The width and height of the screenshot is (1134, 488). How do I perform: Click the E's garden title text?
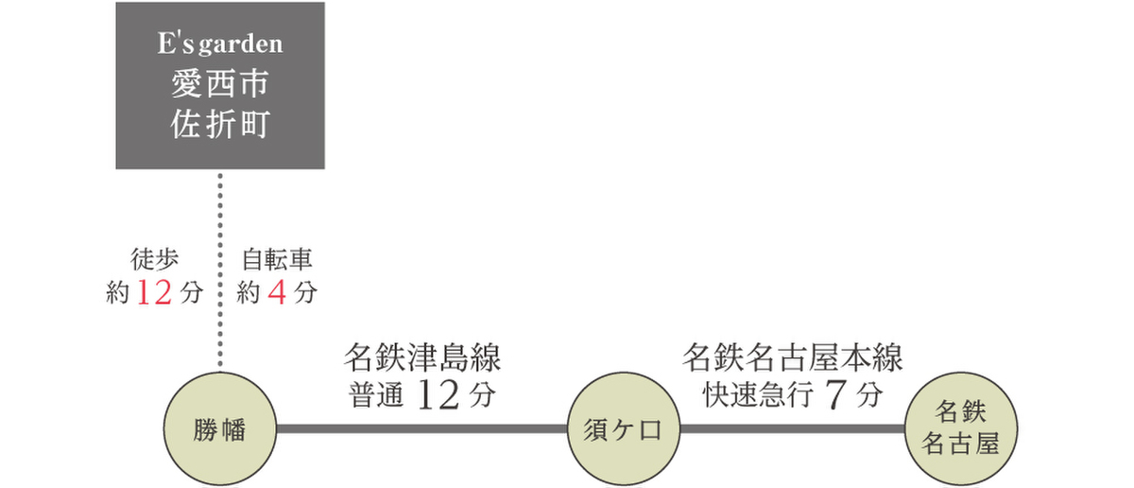click(x=220, y=44)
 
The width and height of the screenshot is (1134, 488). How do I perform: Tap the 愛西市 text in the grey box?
click(x=219, y=83)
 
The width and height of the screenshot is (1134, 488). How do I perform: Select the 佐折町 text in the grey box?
click(x=219, y=124)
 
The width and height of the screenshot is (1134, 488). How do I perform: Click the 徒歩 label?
click(x=154, y=259)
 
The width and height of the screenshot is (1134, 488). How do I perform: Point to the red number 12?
click(x=154, y=292)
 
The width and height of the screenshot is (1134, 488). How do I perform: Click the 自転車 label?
click(x=277, y=259)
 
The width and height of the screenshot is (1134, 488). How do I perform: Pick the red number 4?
click(x=277, y=292)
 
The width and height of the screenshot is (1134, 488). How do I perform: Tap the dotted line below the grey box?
click(x=220, y=270)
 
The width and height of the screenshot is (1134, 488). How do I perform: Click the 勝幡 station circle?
click(x=220, y=428)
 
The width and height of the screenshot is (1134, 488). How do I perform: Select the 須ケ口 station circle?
click(x=623, y=428)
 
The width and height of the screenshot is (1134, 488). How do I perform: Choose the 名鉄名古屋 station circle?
click(x=960, y=428)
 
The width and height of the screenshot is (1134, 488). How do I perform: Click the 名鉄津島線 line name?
click(x=422, y=357)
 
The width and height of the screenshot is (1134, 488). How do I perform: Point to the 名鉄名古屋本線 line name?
click(x=792, y=357)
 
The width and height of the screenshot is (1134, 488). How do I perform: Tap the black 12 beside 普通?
click(x=438, y=394)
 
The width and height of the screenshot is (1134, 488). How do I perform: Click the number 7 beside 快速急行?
click(x=835, y=394)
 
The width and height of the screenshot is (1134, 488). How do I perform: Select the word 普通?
click(x=376, y=395)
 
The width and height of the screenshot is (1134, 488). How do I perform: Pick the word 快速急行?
click(x=758, y=395)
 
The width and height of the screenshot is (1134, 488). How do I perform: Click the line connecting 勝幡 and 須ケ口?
click(x=421, y=429)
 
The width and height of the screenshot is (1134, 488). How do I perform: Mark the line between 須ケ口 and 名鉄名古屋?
click(x=792, y=429)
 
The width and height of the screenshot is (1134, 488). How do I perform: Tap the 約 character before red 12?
click(x=118, y=293)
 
